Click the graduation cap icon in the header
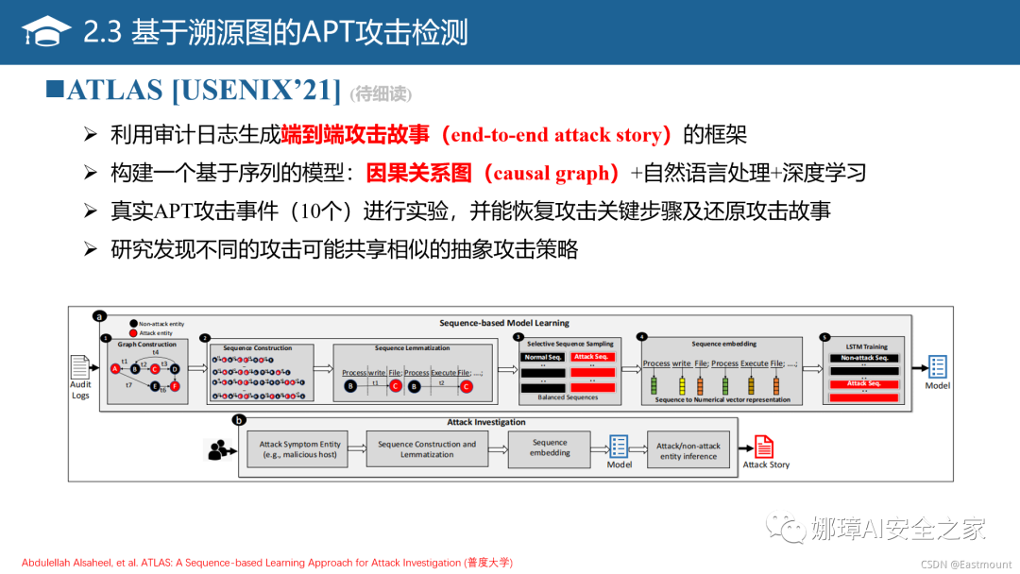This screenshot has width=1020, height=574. point(46,33)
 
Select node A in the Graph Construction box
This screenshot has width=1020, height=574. point(115,368)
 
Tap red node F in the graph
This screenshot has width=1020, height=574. point(175,386)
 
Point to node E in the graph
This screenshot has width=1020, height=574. point(155,386)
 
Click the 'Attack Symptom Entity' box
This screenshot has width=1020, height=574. point(300,449)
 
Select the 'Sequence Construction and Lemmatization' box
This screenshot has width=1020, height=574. point(427,449)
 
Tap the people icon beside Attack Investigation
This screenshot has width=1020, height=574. point(220,450)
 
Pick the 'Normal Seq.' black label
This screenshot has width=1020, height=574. point(542,357)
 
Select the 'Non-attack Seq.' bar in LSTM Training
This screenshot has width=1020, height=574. point(864,358)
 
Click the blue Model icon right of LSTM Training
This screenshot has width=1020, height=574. point(937,367)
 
